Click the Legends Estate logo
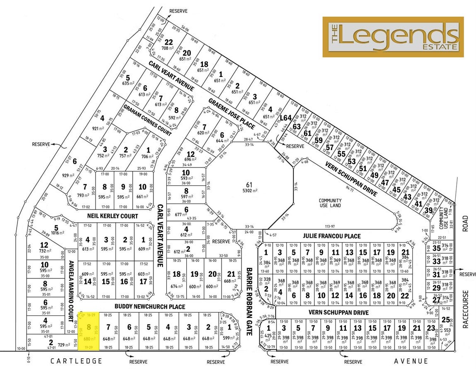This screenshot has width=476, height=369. [x=393, y=37]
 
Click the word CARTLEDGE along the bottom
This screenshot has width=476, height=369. [x=76, y=361]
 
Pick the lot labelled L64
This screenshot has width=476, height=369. [x=285, y=118]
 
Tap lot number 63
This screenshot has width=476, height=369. [x=296, y=126]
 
